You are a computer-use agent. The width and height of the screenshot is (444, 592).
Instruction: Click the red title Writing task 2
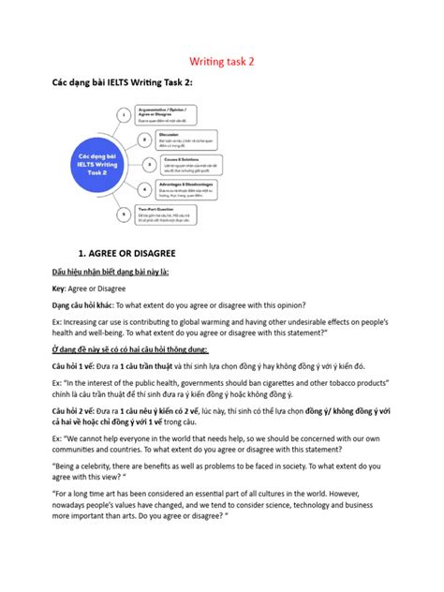[x=223, y=60]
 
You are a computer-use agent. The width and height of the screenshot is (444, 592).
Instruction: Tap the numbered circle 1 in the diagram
[x=122, y=115]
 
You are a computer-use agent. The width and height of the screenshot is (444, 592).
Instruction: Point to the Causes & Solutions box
[x=194, y=163]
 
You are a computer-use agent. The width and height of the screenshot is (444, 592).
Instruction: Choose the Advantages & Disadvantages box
[x=191, y=188]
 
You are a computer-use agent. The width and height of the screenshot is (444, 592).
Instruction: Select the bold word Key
[x=58, y=289]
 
